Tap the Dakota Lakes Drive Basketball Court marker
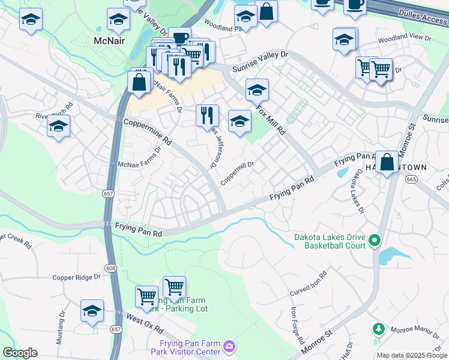click(x=375, y=241)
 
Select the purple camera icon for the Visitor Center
click(x=229, y=346)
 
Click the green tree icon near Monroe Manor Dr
click(x=378, y=329)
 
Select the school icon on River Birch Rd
click(x=58, y=126)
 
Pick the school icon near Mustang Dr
click(x=92, y=311)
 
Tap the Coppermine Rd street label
click(x=148, y=132)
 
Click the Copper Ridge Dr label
click(x=76, y=277)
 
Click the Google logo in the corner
click(x=20, y=353)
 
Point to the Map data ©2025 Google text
click(x=412, y=355)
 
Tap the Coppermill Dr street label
click(x=238, y=172)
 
